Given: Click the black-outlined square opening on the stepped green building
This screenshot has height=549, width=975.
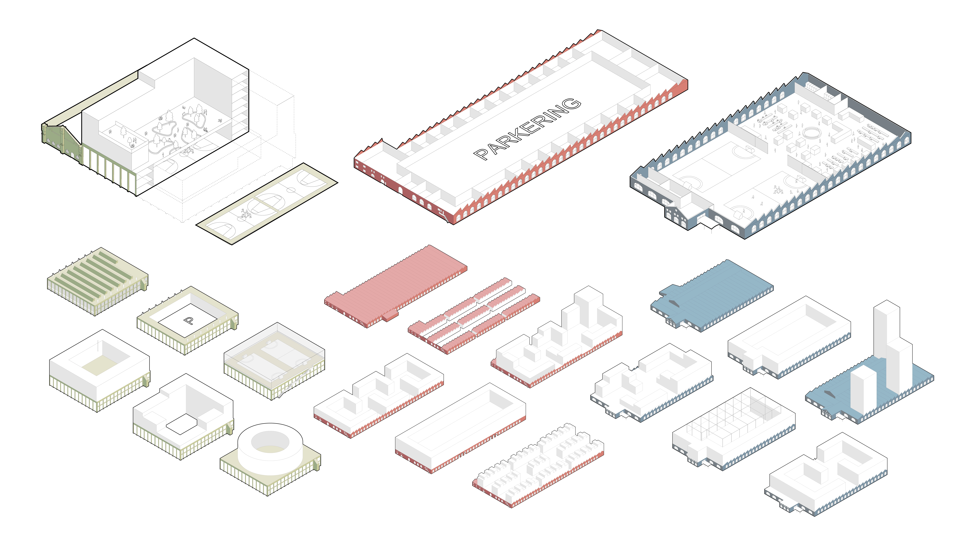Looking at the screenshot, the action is pos(182,424).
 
